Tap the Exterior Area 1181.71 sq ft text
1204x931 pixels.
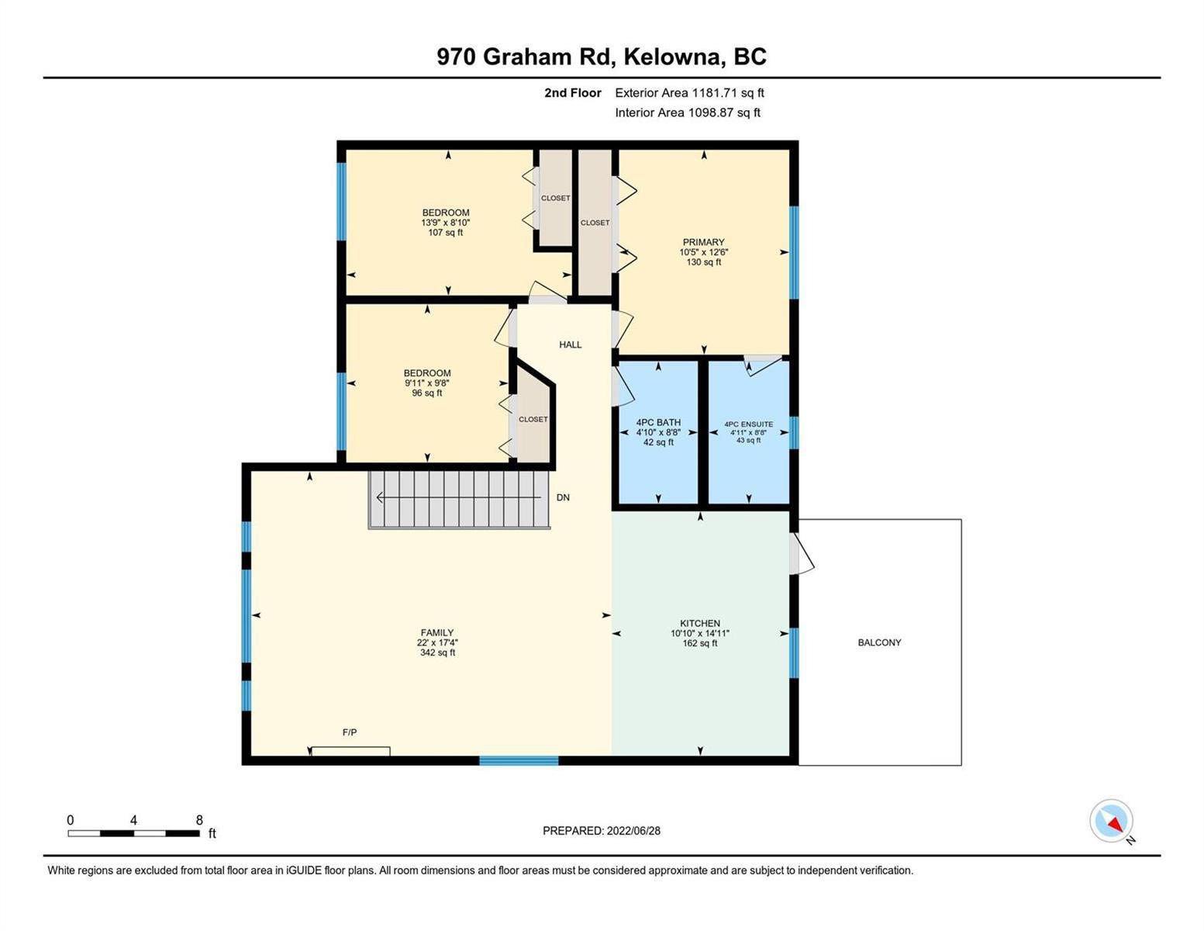click(689, 92)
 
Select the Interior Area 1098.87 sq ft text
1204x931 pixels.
click(688, 112)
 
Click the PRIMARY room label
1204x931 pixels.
click(703, 242)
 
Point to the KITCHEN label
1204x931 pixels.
click(700, 623)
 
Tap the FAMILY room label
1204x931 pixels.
click(437, 632)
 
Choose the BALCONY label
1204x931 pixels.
click(879, 642)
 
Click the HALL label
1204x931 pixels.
click(570, 344)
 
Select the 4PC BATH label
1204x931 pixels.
click(658, 422)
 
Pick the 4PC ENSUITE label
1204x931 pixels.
click(749, 424)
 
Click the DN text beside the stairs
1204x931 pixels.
click(563, 497)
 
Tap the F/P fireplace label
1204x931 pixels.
click(350, 732)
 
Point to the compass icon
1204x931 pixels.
click(1111, 821)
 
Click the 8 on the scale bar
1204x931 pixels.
click(199, 819)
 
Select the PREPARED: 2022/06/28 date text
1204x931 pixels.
click(601, 831)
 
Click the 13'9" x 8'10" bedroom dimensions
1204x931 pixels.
click(446, 223)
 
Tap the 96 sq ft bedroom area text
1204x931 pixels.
click(426, 393)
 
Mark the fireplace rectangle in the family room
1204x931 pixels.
click(350, 751)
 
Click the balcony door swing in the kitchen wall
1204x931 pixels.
click(802, 553)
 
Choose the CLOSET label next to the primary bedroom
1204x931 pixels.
click(595, 223)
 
